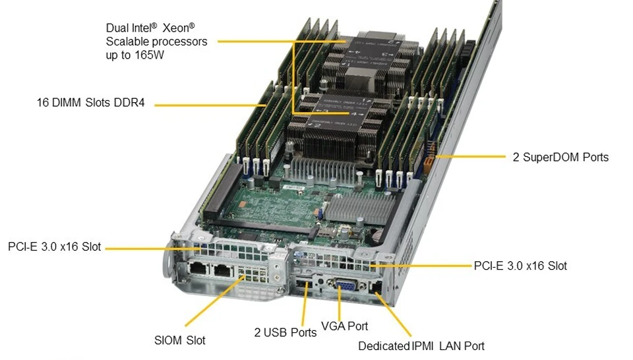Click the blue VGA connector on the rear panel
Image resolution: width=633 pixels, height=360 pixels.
coord(345,289)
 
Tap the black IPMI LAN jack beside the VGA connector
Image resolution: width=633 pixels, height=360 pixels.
coord(375,287)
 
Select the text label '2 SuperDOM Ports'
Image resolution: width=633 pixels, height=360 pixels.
coord(560,157)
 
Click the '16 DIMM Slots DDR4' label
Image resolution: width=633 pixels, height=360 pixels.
coord(90,102)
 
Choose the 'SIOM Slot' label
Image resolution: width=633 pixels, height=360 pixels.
coord(179,340)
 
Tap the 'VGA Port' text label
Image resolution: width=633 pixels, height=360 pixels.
coord(344,326)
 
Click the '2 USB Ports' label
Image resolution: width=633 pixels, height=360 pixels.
coord(286,332)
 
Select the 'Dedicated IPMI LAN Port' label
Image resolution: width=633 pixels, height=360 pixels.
coord(421,346)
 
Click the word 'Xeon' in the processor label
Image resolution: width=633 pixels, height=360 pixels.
coord(179,28)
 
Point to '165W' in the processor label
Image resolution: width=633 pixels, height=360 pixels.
coord(150,55)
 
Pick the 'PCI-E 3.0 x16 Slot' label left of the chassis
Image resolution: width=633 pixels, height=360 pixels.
coord(55,247)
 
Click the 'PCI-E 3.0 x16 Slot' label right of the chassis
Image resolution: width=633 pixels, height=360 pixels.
coord(520,266)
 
